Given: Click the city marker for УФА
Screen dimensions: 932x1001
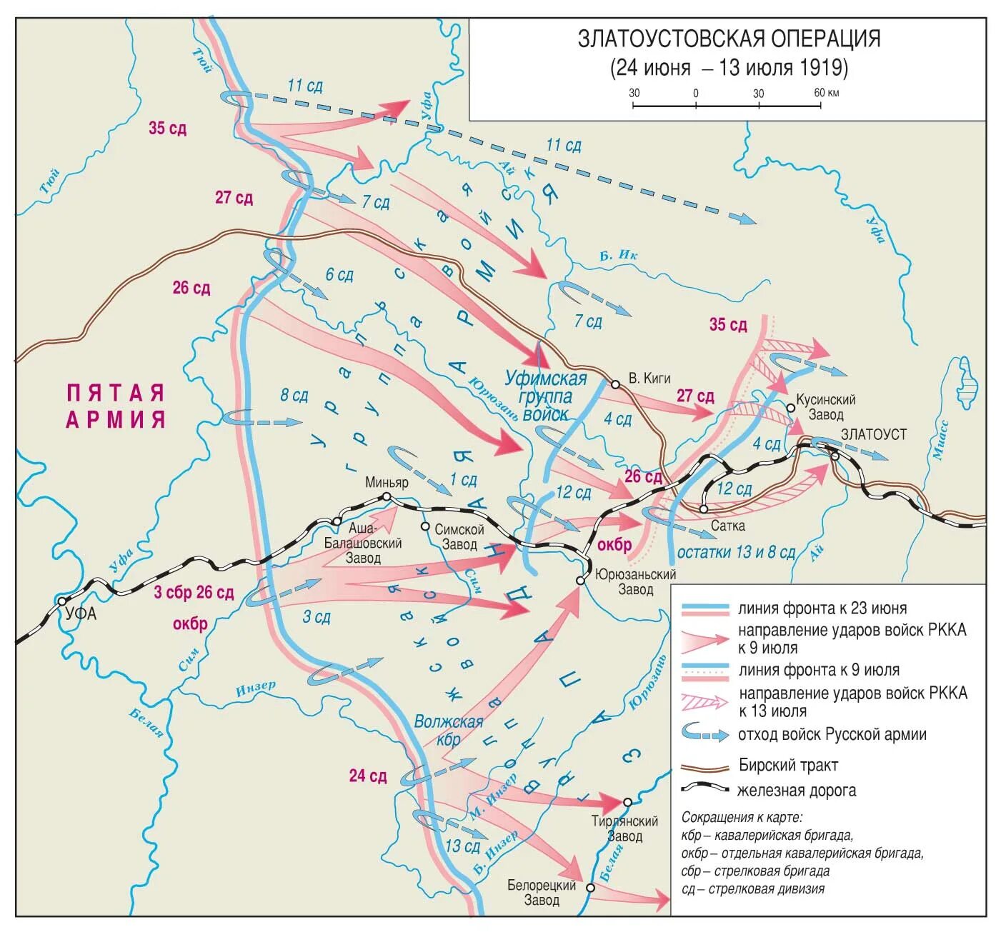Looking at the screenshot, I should pos(63,601).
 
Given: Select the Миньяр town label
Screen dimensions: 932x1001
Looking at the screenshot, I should pos(387,482).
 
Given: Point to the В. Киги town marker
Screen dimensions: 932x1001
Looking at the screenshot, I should pos(615,384).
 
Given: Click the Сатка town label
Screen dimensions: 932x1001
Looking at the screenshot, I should pos(727,526).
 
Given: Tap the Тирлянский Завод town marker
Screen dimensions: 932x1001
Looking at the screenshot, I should pos(627,802).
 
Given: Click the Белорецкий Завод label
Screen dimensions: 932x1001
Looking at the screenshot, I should pos(542,893).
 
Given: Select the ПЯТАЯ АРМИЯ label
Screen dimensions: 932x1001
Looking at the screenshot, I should pos(115,406).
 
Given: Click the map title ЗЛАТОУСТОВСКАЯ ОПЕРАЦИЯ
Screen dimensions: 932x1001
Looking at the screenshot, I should pos(729,39).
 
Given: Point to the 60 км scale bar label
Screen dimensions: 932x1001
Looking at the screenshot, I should pos(827,93).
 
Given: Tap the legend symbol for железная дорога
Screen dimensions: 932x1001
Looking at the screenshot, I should pos(705,788).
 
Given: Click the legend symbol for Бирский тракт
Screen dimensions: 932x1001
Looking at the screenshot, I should pos(705,767).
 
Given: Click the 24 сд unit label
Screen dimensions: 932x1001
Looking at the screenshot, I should pos(368,776).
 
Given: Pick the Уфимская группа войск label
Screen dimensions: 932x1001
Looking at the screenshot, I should pos(546,396).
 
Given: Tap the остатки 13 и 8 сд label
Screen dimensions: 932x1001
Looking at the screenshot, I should pos(736,552).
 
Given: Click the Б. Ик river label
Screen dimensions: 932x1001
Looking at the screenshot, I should pos(618,256).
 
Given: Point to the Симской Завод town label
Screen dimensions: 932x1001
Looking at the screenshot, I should pos(459,537).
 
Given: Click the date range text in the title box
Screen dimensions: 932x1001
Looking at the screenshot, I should pos(729,68).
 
